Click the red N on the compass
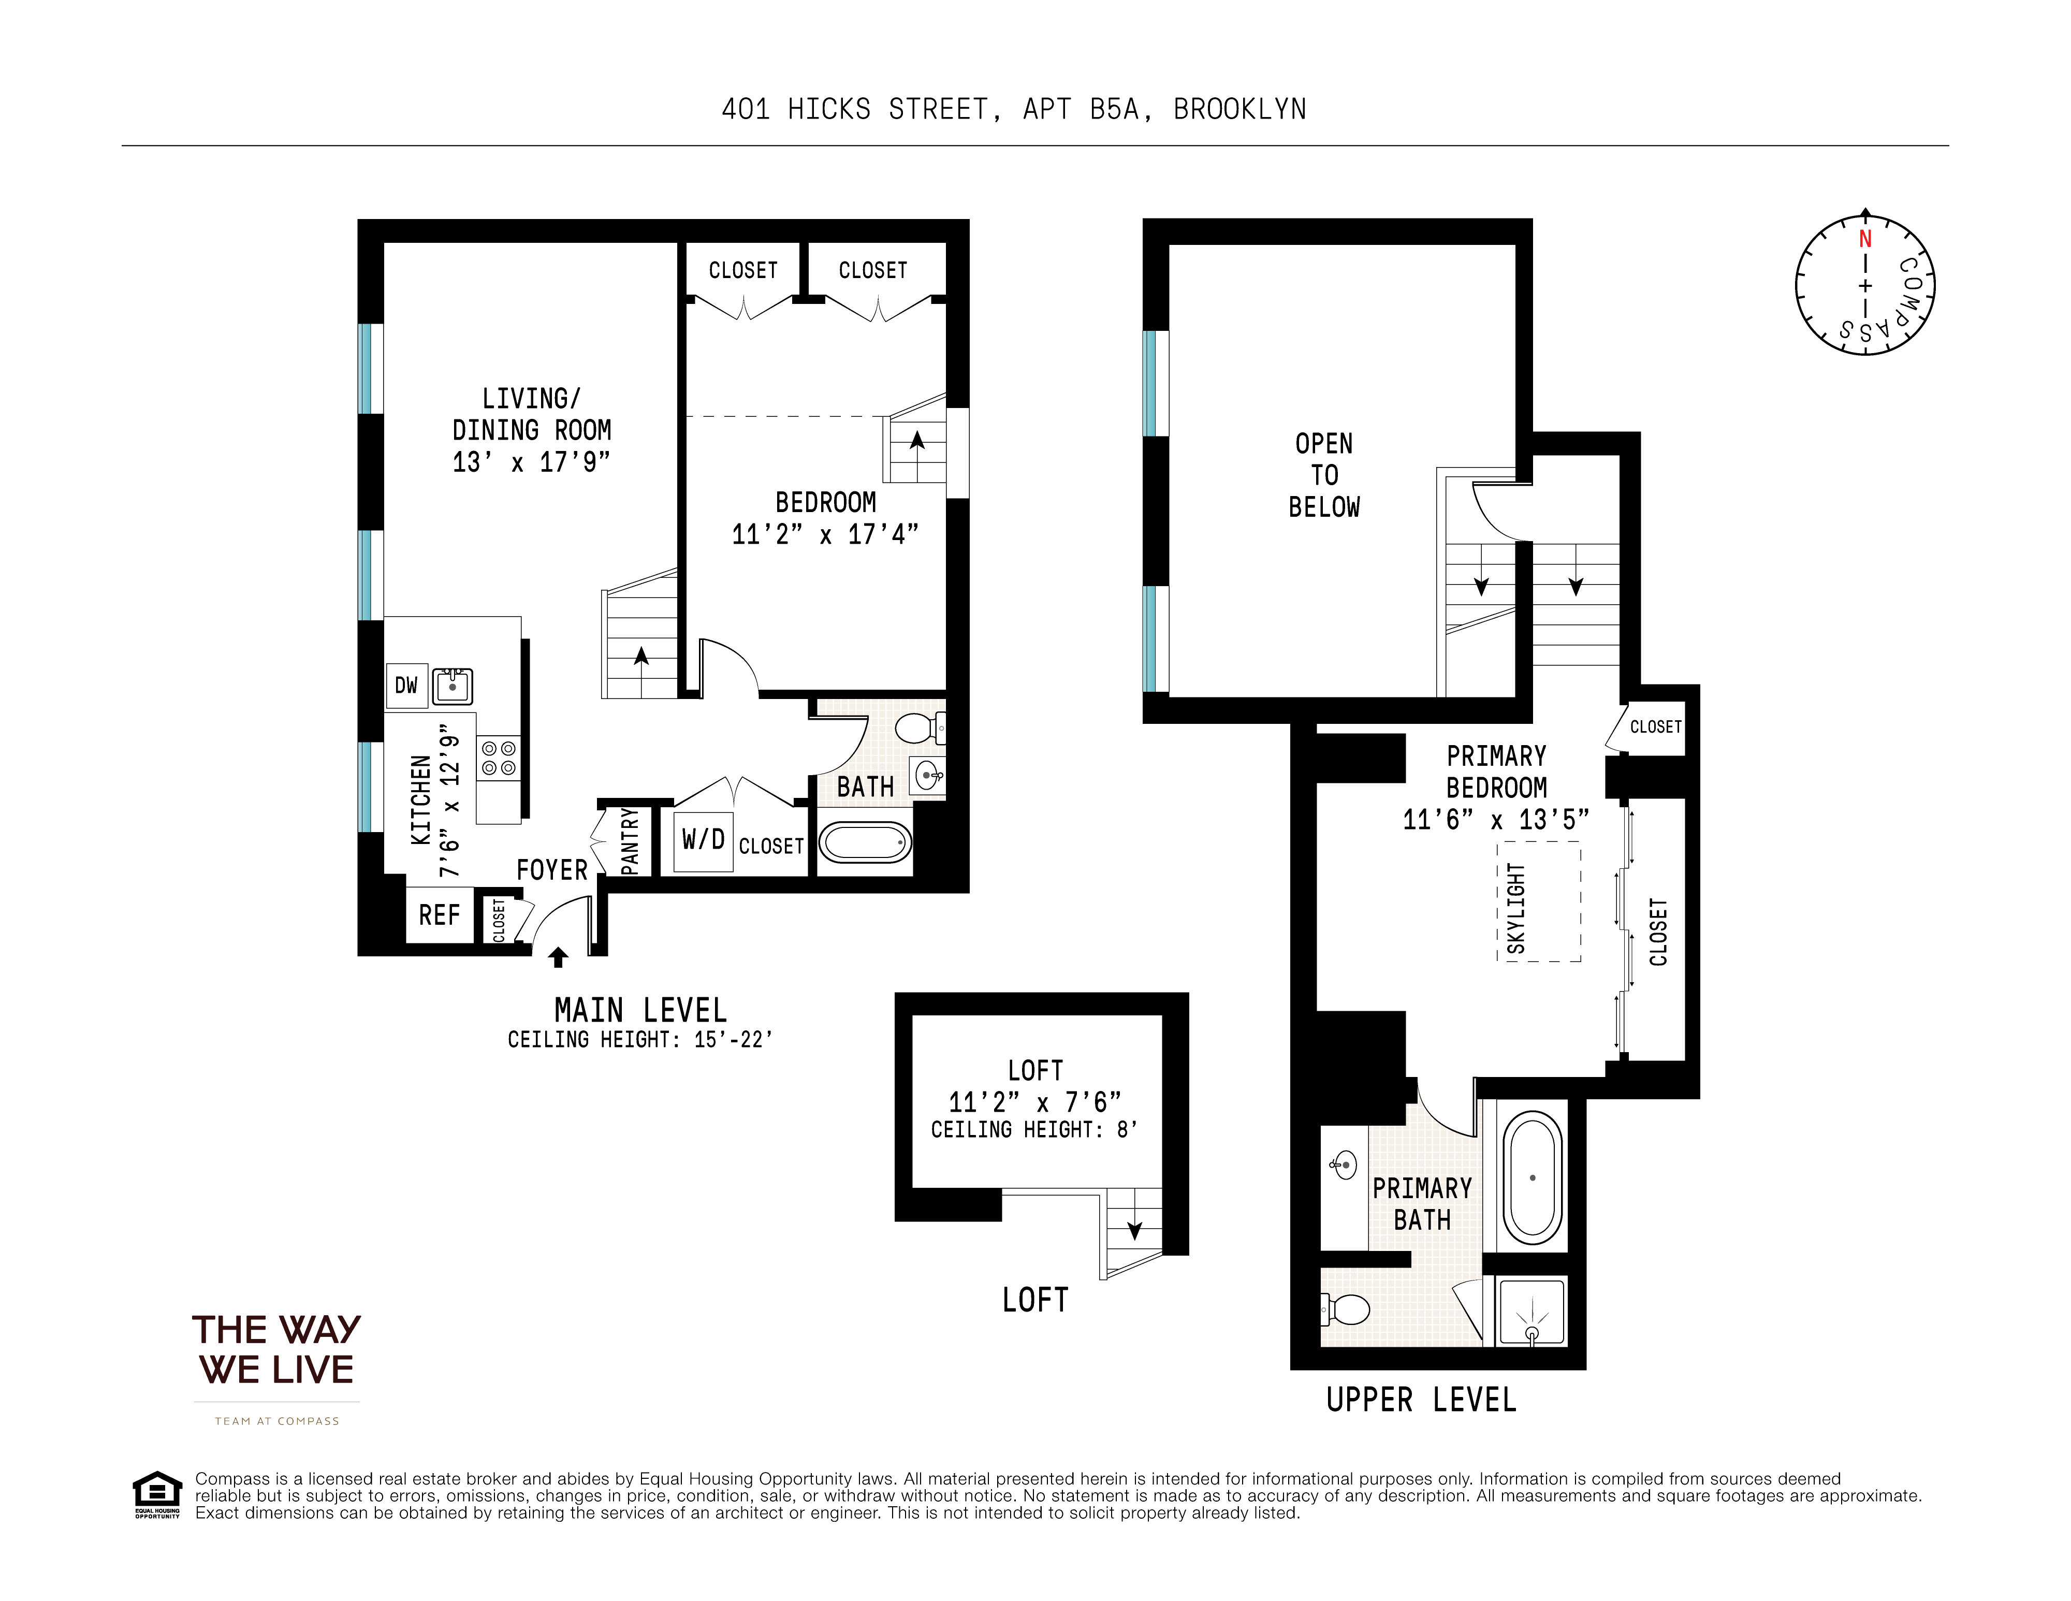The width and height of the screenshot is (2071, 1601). point(1864,239)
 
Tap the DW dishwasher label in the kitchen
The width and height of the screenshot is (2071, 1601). point(406,686)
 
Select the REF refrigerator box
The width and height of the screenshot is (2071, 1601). point(439,915)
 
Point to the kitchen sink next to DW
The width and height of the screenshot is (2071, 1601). point(453,686)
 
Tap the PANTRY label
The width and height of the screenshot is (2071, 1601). point(630,840)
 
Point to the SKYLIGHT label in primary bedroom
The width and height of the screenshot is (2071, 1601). point(1516,909)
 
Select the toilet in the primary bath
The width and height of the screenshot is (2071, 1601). point(1347,1311)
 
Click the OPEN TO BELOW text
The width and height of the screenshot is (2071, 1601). point(1324,475)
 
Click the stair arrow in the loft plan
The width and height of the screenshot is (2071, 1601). point(1134,1230)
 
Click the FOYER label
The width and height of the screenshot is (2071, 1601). point(552,870)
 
